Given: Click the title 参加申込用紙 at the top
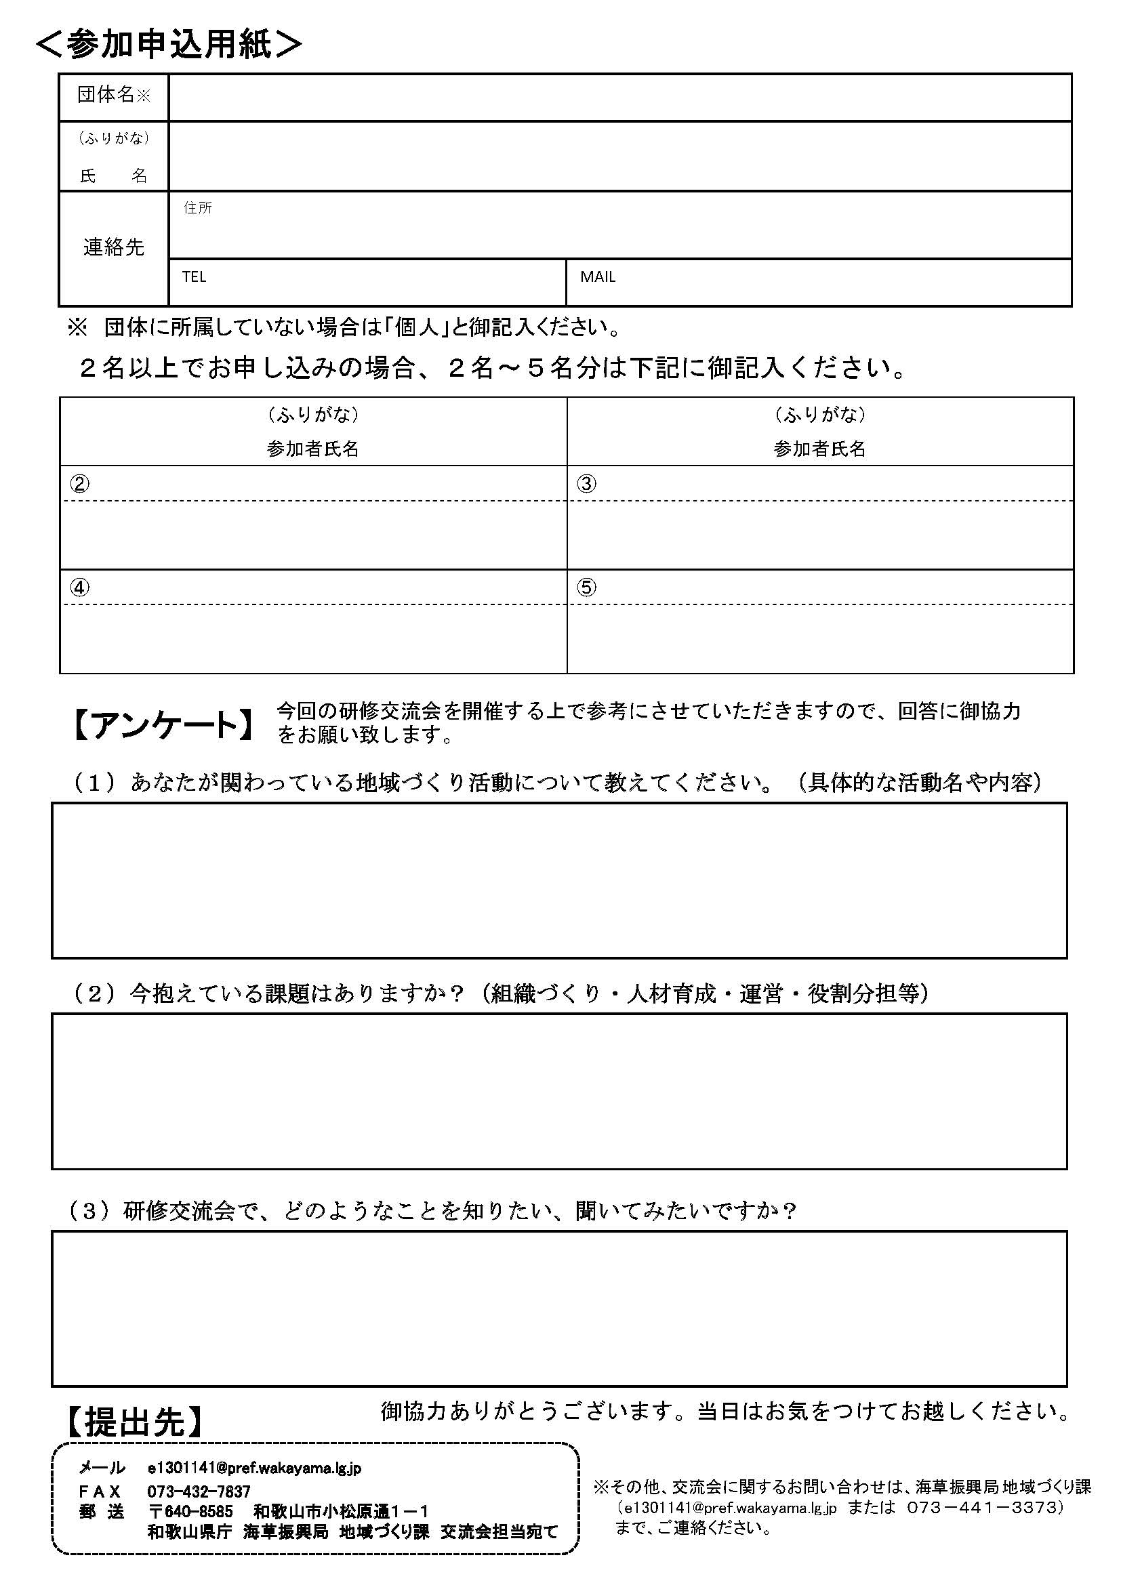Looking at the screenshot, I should point(169,45).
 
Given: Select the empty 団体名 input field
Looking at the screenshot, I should point(619,98).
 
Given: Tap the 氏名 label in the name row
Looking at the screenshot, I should point(113,176).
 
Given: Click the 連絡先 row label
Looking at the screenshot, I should point(113,247).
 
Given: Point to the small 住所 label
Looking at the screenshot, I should point(198,209).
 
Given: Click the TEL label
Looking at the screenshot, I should point(194,277).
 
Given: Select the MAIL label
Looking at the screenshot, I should point(598,277).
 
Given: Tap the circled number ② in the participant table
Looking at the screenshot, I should point(79,484).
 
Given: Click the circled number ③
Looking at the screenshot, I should point(586,484).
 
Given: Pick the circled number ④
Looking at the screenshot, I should point(79,588).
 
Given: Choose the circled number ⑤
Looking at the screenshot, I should point(586,588).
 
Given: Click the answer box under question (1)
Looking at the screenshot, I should point(559,880).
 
